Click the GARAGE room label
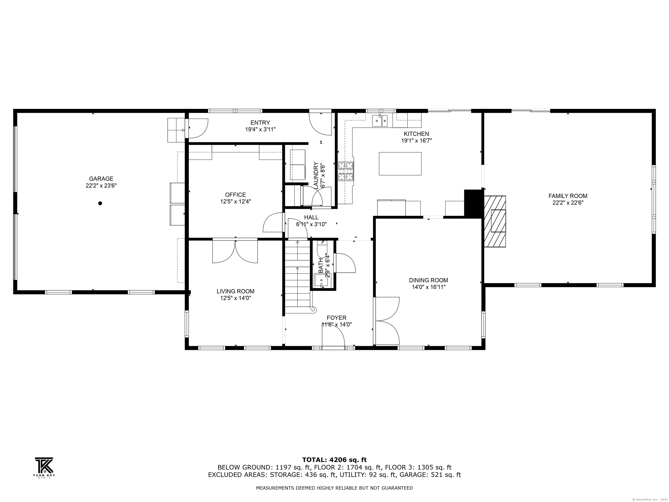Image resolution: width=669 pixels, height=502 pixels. coord(101,179)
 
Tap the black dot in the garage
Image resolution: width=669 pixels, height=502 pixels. coord(100,203)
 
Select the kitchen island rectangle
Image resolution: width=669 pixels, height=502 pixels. coord(400,164)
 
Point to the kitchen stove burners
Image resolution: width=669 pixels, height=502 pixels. coord(346,171)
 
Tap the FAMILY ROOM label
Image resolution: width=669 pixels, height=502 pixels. coord(568,196)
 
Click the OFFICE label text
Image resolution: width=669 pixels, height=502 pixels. coord(235,195)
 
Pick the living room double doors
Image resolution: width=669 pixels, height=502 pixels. coord(235,251)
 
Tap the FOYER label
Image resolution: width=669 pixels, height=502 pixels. coord(336,318)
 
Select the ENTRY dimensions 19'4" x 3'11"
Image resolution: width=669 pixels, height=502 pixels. coord(260,129)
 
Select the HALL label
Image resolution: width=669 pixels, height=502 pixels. coord(311,217)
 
